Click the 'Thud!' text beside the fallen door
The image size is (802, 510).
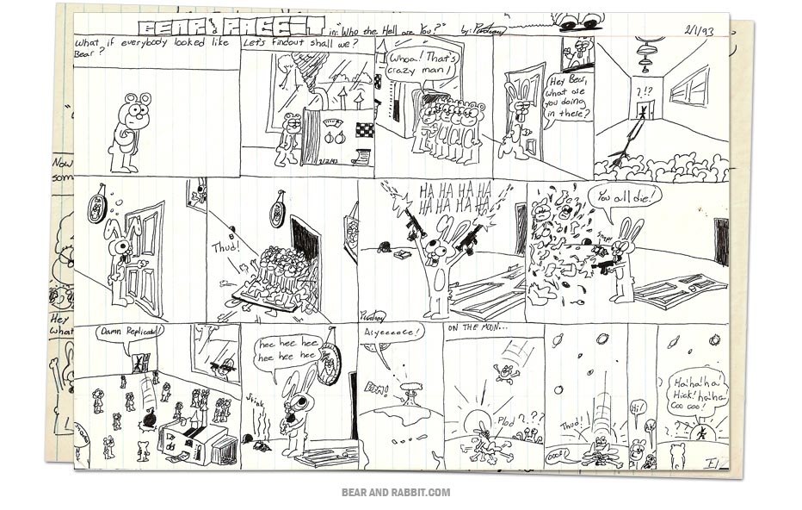[x=225, y=246]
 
